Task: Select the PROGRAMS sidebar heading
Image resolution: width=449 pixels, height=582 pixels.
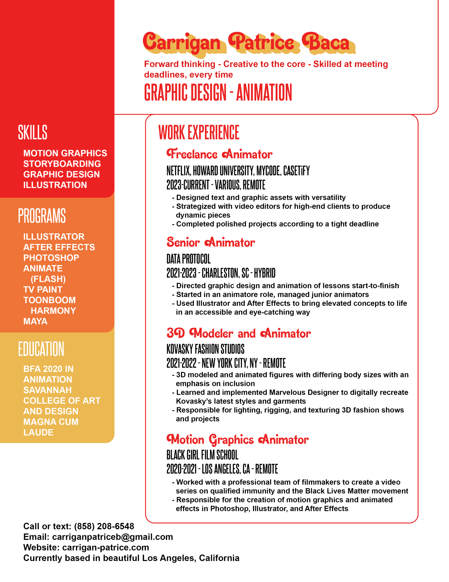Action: coord(42,216)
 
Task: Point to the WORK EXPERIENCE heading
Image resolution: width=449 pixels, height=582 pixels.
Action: coord(199,133)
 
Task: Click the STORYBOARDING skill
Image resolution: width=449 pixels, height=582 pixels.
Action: coord(62,164)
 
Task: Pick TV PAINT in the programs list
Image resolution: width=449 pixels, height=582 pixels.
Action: coord(43,289)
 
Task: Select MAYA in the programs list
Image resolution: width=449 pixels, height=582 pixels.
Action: coord(35,321)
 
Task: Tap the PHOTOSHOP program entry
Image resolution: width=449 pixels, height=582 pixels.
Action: coord(51,258)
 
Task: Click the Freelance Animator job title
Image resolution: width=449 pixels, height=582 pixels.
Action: coord(219,154)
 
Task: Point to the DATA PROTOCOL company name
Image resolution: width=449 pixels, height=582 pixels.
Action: coord(188,259)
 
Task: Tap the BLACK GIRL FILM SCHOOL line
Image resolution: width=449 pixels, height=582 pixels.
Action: coord(202,455)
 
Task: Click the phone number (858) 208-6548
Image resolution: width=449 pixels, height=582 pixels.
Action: coord(104,526)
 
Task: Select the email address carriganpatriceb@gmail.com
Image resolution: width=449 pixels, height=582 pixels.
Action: coord(113,537)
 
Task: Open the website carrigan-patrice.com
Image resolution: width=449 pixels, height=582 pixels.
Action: coord(106,547)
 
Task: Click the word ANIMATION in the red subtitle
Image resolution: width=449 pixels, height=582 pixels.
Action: coord(264,93)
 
